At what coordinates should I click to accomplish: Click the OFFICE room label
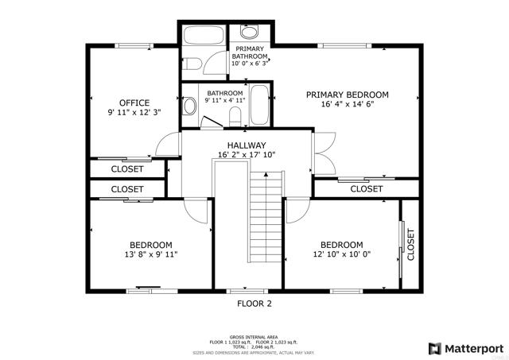(x=134, y=103)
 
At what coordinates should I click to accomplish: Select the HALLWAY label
(x=247, y=145)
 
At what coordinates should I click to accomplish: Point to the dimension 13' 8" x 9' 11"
(x=150, y=255)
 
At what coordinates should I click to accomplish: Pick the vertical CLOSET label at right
(x=410, y=245)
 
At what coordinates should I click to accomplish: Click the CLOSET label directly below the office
(x=127, y=169)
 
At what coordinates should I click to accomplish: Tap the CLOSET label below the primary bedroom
(x=366, y=189)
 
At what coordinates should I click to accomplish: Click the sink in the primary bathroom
(x=249, y=33)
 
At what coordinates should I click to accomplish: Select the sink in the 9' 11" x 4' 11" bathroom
(x=189, y=106)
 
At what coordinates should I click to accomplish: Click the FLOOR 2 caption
(x=254, y=304)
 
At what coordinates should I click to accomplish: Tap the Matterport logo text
(x=473, y=348)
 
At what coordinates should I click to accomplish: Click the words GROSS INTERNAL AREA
(x=254, y=337)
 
